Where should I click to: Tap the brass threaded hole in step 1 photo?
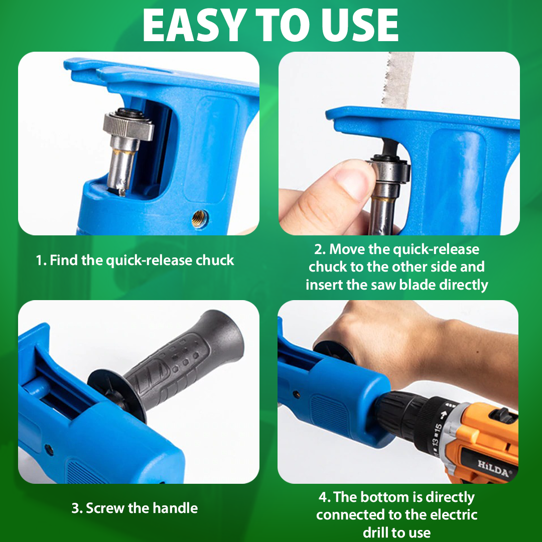tap(200, 218)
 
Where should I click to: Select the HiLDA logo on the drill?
tap(493, 468)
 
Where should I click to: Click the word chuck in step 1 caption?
tap(215, 260)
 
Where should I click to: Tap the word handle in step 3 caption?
tap(175, 508)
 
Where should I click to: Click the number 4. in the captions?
tap(325, 497)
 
